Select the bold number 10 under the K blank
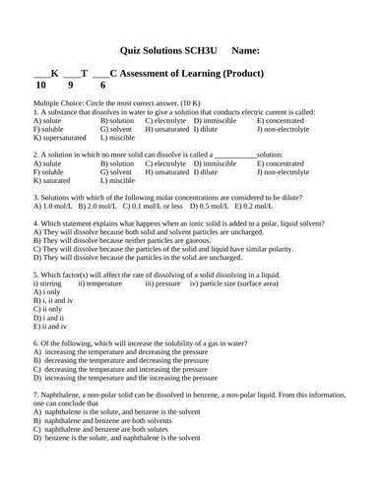[40, 86]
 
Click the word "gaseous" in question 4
[191, 240]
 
